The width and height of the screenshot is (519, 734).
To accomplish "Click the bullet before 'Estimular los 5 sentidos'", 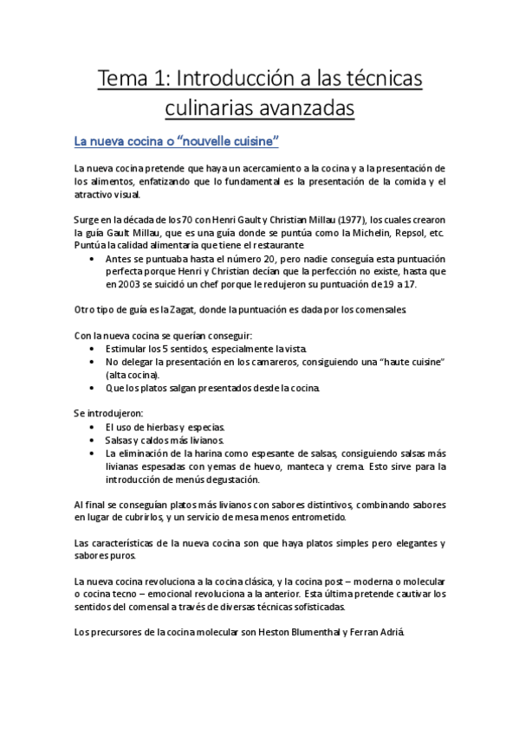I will (x=93, y=348).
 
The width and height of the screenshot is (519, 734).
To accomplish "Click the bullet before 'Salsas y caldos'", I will (x=93, y=440).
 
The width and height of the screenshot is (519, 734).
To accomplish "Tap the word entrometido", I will (x=312, y=518).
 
